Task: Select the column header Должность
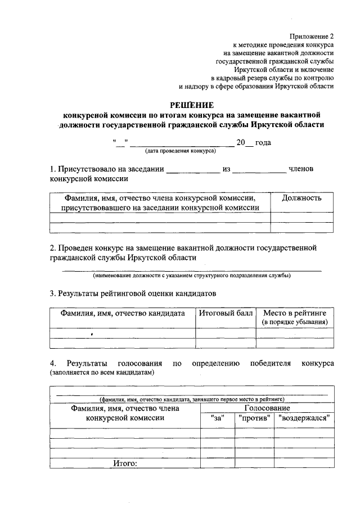(x=301, y=198)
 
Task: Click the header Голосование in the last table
(x=267, y=408)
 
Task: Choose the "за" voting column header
(x=217, y=418)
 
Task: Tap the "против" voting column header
(x=254, y=418)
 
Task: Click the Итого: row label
(x=125, y=463)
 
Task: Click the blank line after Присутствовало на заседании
(x=192, y=169)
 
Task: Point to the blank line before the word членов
(x=259, y=169)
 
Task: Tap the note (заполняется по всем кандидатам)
(x=102, y=372)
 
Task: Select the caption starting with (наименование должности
(x=192, y=276)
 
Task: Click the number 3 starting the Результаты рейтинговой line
(x=52, y=293)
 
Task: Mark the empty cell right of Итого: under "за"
(x=217, y=463)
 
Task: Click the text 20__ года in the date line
(x=254, y=143)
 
